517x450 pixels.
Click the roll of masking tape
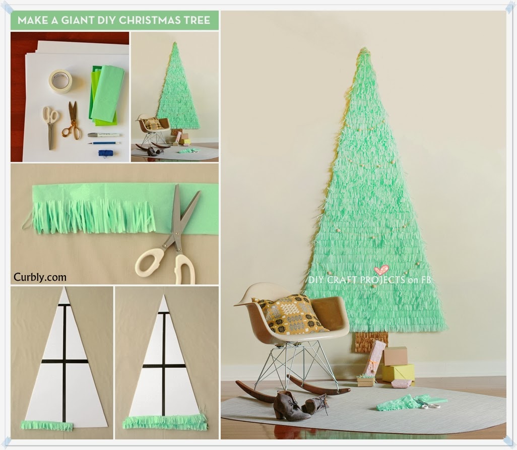[60, 81]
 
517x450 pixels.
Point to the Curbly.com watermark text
[40, 277]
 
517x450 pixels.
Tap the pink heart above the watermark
[381, 270]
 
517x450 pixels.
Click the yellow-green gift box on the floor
[398, 372]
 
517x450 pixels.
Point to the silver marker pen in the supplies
[104, 135]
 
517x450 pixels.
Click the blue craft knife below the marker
[104, 143]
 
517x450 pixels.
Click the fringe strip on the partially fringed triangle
[47, 426]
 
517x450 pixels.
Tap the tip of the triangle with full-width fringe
[164, 296]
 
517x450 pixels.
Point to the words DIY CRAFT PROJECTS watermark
[356, 280]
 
